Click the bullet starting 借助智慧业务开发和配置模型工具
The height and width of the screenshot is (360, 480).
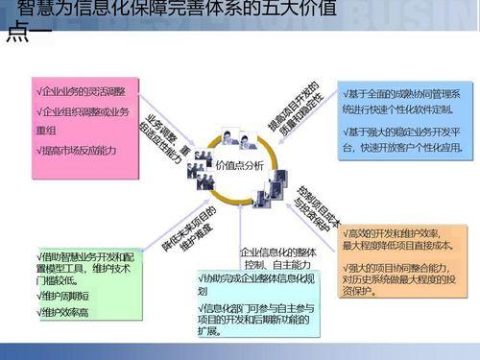point(82,268)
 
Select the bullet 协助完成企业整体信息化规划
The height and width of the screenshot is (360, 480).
point(258,284)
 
